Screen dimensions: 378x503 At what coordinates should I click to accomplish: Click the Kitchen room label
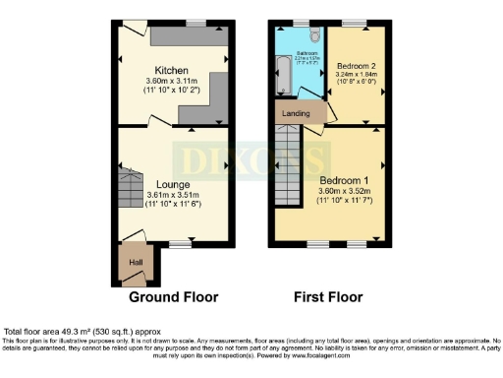point(171,70)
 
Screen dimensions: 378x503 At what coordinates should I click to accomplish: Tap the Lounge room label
point(172,184)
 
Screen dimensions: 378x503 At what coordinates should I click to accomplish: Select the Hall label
point(136,263)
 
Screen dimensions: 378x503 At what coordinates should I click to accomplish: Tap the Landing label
point(296,113)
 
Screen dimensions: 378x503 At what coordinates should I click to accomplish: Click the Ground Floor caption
point(173,296)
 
